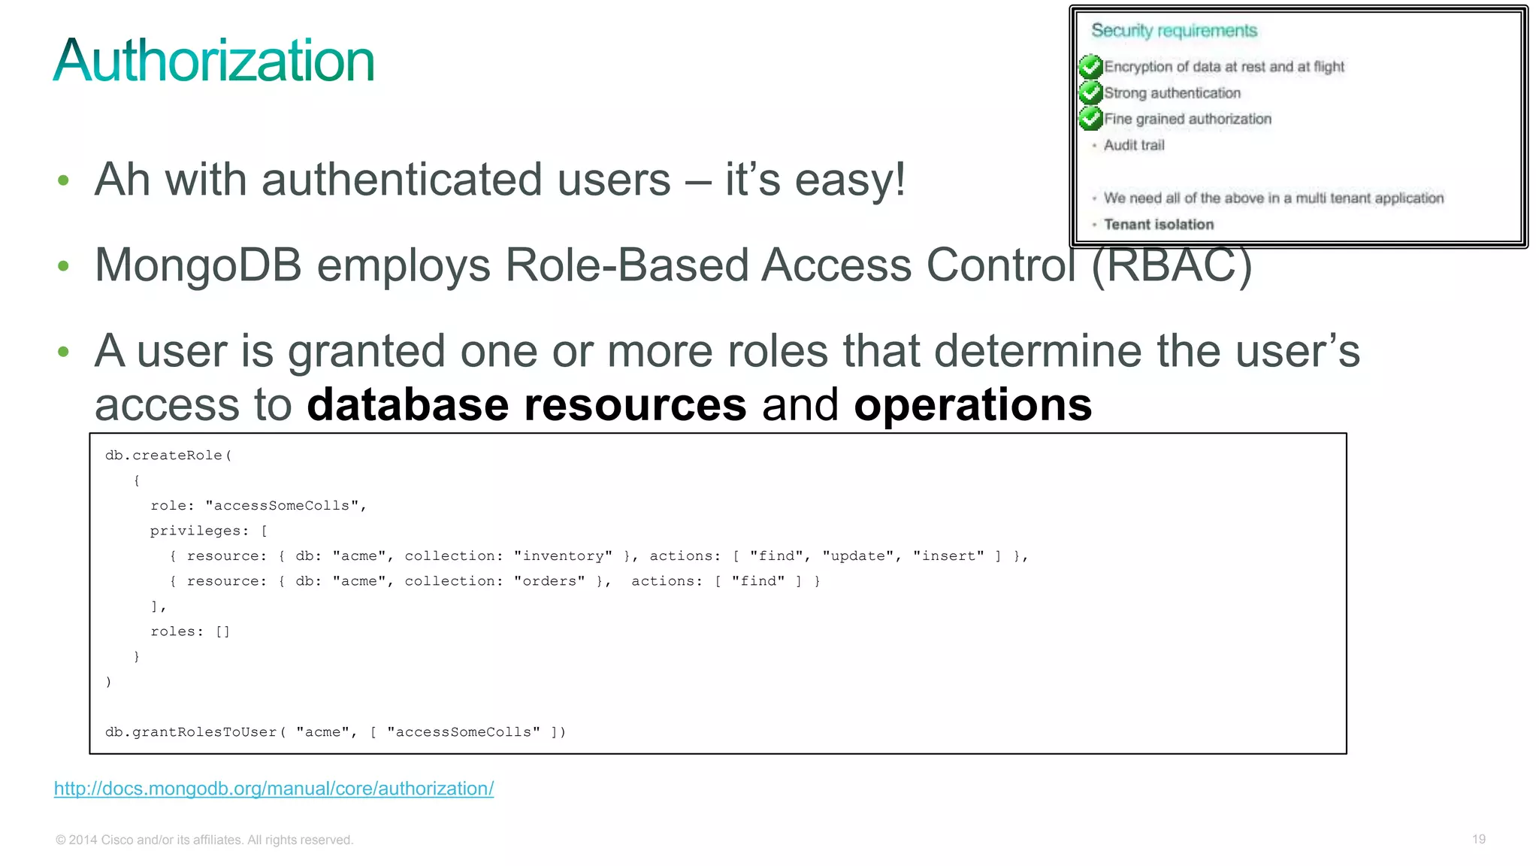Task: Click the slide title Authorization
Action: point(213,61)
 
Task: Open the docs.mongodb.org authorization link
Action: point(274,789)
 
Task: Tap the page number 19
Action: point(1478,839)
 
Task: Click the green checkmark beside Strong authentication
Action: point(1090,92)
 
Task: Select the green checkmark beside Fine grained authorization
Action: point(1090,119)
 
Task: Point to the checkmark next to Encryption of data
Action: point(1090,67)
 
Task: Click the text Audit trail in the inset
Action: point(1133,145)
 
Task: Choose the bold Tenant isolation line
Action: point(1158,224)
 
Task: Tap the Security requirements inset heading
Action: point(1174,31)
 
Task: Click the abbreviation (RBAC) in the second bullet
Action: point(1172,265)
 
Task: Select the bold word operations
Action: point(972,405)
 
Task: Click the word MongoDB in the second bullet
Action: point(198,265)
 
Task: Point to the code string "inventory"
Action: point(563,556)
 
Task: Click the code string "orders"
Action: point(549,581)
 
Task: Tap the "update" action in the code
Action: point(857,556)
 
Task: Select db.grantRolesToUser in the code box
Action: point(192,732)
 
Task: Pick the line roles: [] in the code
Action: point(190,631)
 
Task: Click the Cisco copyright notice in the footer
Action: point(204,840)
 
